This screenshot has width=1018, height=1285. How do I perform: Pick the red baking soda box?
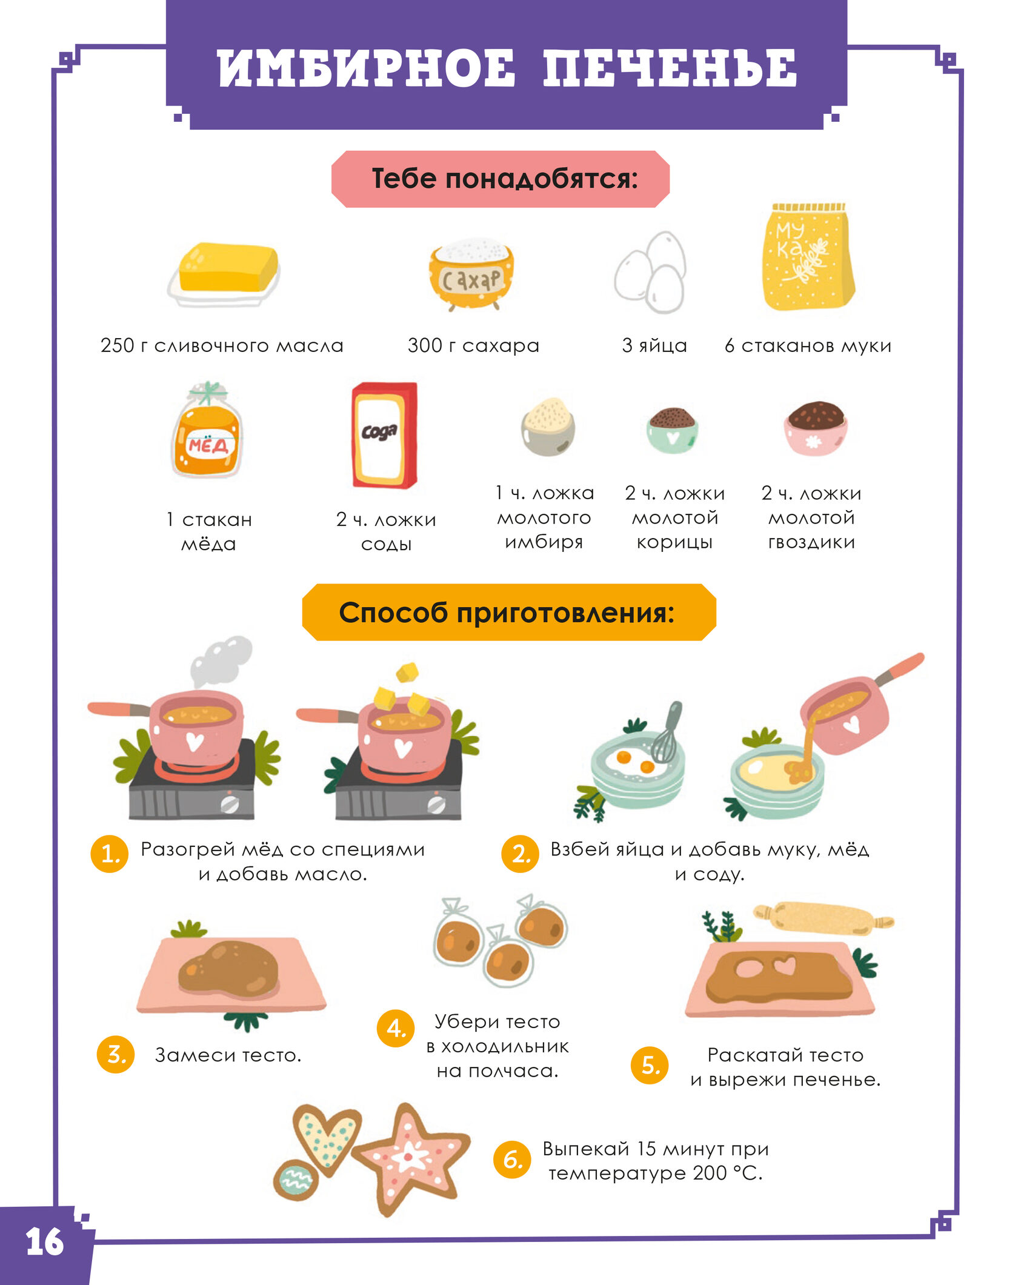pyautogui.click(x=384, y=434)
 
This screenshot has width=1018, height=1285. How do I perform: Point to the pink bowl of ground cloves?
pyautogui.click(x=815, y=428)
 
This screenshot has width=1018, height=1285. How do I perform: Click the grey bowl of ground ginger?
pyautogui.click(x=548, y=427)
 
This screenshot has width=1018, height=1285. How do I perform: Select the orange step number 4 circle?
pyautogui.click(x=396, y=1028)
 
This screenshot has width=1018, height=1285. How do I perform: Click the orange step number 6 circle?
pyautogui.click(x=513, y=1160)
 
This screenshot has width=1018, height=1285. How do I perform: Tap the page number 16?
pyautogui.click(x=44, y=1243)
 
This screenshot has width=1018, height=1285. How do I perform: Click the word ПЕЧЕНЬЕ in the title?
pyautogui.click(x=670, y=68)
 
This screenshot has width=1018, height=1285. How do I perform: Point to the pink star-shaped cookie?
pyautogui.click(x=411, y=1158)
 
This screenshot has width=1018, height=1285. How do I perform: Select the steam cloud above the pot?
pyautogui.click(x=221, y=661)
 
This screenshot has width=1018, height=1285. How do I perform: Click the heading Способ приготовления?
pyautogui.click(x=507, y=613)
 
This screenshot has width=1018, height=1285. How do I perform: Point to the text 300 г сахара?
pyautogui.click(x=473, y=345)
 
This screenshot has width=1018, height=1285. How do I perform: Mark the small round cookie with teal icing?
pyautogui.click(x=296, y=1179)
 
